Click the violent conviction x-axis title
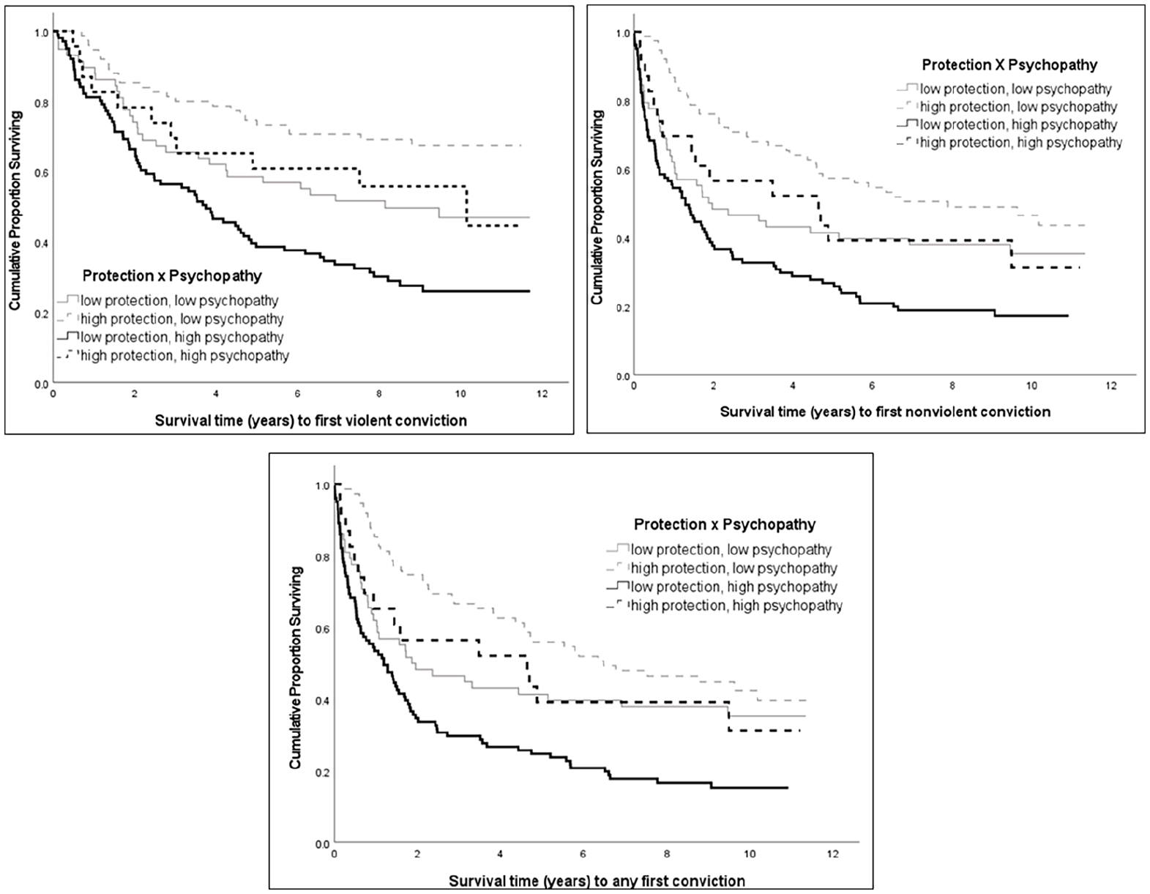coord(310,421)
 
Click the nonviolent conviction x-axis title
coord(886,411)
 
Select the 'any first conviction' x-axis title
coord(597,882)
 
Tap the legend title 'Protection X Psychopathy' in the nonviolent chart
coord(1009,65)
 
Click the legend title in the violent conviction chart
coord(172,276)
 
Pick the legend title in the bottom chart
coord(725,524)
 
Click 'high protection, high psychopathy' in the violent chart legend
coord(184,356)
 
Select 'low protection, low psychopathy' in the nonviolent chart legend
coord(1016,89)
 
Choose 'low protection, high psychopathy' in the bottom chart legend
coord(734,587)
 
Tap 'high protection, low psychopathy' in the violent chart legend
coord(182,319)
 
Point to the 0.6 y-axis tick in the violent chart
coord(41,173)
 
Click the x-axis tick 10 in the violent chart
coord(460,395)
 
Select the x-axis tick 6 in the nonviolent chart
coord(872,386)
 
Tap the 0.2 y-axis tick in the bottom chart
coord(322,772)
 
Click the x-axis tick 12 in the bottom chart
coord(832,854)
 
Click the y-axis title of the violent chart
coord(15,211)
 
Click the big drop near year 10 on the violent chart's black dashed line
coord(466,206)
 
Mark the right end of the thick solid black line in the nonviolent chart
coord(1067,316)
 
